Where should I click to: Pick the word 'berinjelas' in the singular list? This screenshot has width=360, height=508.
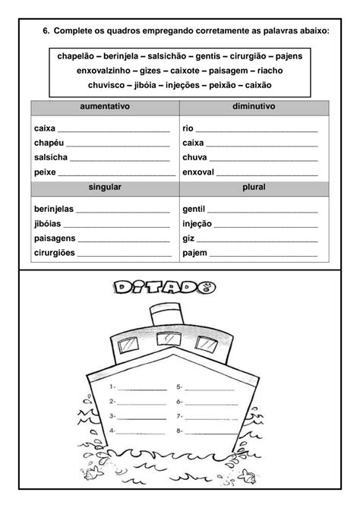pos(54,209)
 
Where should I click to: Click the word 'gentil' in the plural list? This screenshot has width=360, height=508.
pos(194,209)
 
